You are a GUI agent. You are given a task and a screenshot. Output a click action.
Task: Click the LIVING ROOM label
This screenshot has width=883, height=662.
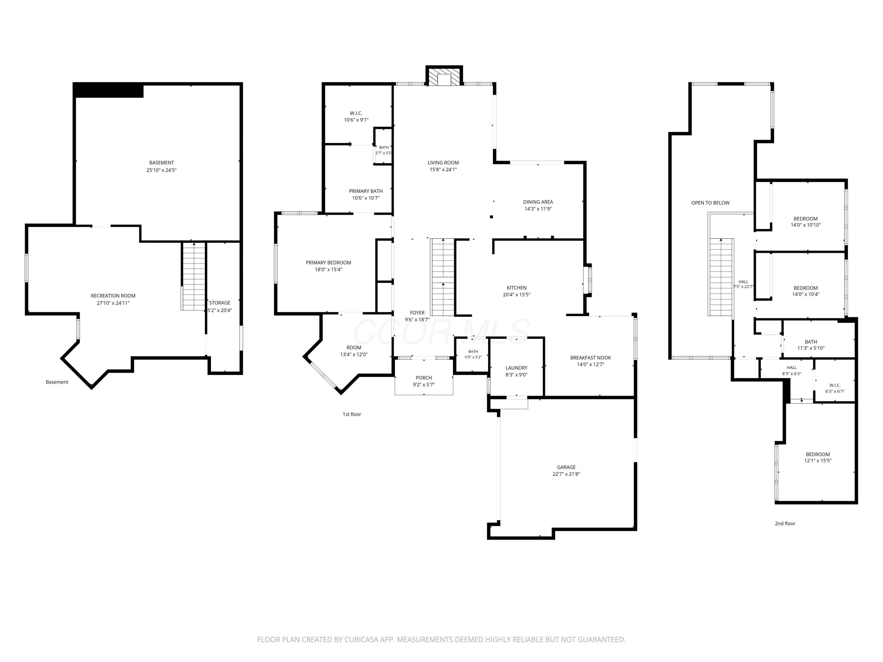click(443, 163)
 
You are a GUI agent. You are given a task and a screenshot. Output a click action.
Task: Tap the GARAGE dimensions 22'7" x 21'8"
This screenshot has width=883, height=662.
click(566, 474)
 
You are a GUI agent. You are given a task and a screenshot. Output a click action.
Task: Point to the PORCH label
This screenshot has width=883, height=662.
click(424, 378)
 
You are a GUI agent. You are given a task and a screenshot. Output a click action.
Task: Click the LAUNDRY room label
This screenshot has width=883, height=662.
click(517, 368)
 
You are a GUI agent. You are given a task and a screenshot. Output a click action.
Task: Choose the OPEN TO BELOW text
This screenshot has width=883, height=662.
click(710, 203)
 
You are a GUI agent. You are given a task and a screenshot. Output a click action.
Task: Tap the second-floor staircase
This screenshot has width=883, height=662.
click(721, 277)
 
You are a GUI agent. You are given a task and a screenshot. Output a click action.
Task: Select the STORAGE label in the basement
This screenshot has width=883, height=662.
click(220, 303)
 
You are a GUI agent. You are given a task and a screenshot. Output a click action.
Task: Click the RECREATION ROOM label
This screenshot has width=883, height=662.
click(113, 296)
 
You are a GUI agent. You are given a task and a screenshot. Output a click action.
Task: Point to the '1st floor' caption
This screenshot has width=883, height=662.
click(352, 414)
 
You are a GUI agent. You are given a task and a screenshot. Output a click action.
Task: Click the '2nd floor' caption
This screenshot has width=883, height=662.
click(785, 523)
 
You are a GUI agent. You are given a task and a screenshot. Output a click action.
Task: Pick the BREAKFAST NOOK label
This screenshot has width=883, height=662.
click(590, 357)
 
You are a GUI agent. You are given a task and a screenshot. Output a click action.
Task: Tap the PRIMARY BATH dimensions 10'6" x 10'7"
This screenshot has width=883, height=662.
click(366, 198)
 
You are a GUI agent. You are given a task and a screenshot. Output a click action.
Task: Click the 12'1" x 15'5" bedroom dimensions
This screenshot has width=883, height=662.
click(818, 460)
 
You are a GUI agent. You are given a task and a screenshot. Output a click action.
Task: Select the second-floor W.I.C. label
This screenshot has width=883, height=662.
click(835, 385)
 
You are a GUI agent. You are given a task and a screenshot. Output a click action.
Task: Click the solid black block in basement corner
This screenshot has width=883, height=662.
click(109, 90)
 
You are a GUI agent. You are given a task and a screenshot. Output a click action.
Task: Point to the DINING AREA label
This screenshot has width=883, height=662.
click(538, 202)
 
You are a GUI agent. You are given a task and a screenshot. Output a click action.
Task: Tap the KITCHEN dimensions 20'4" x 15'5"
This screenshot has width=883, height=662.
click(517, 295)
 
